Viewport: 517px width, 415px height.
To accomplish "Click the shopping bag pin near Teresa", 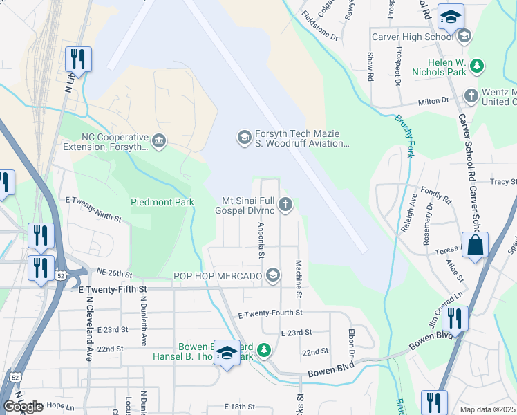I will [x=476, y=246].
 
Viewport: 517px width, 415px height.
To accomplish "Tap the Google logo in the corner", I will [x=23, y=407].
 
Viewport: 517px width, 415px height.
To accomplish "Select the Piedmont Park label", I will [x=162, y=202].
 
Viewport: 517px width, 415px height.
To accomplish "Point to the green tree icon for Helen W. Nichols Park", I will [x=476, y=65].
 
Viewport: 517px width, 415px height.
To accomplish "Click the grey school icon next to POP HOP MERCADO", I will [x=273, y=276].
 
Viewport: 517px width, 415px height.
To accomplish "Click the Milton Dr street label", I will [x=433, y=102].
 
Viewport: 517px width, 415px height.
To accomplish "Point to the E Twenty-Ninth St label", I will [x=93, y=209].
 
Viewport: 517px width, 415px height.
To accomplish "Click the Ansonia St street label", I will [x=261, y=239].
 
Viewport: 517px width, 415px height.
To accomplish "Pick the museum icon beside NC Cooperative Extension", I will [x=159, y=142].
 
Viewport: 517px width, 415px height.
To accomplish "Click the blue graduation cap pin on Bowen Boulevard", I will [x=226, y=353].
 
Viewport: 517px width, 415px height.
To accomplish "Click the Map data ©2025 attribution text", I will [x=487, y=409].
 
